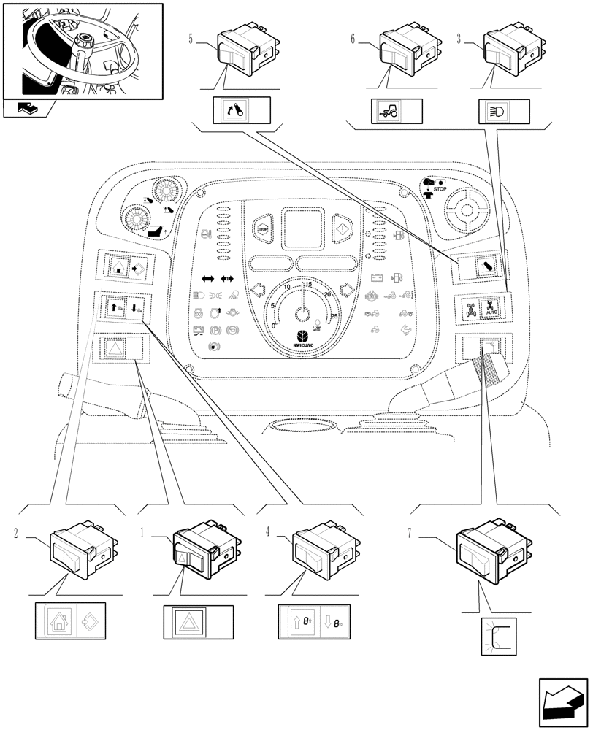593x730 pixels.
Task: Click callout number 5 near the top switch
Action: tap(191, 39)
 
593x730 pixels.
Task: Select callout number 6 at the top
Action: tap(353, 39)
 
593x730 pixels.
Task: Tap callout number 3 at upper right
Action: tap(459, 39)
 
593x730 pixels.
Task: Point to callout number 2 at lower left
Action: tap(17, 534)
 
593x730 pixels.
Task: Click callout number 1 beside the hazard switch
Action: tap(143, 534)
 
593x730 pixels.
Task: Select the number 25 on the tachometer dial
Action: tap(334, 316)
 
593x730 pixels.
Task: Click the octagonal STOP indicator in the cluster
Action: tap(261, 228)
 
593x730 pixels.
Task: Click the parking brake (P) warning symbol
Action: tap(215, 330)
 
